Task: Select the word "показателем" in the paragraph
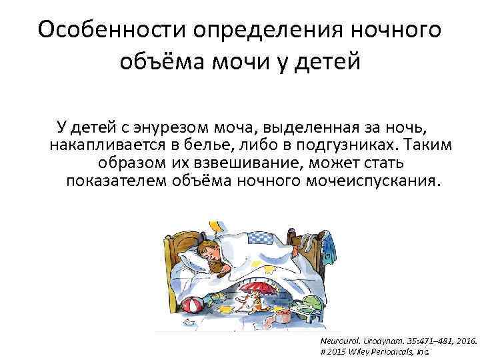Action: point(116,181)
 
